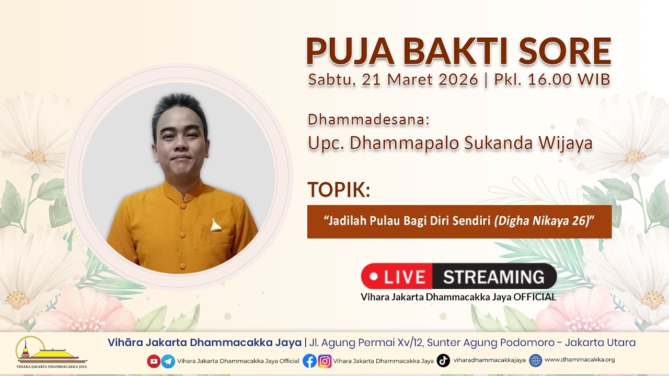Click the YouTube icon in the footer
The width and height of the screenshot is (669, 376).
pyautogui.click(x=154, y=361)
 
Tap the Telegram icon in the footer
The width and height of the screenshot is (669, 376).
pyautogui.click(x=168, y=361)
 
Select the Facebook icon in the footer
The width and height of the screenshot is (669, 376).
pyautogui.click(x=310, y=361)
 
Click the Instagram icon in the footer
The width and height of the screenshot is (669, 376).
pyautogui.click(x=325, y=361)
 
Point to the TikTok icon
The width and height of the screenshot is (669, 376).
pyautogui.click(x=443, y=360)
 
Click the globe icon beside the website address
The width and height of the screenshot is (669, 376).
pyautogui.click(x=536, y=360)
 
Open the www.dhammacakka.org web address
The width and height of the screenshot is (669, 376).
pyautogui.click(x=580, y=360)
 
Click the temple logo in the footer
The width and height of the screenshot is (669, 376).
pyautogui.click(x=51, y=352)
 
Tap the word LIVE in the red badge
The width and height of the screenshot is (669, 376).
pyautogui.click(x=405, y=277)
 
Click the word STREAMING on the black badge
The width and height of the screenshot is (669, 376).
pyautogui.click(x=494, y=277)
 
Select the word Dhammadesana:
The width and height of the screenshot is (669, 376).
pyautogui.click(x=368, y=120)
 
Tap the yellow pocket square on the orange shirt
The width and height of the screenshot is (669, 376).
pyautogui.click(x=215, y=225)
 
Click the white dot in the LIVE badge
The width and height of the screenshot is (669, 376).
pyautogui.click(x=374, y=276)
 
